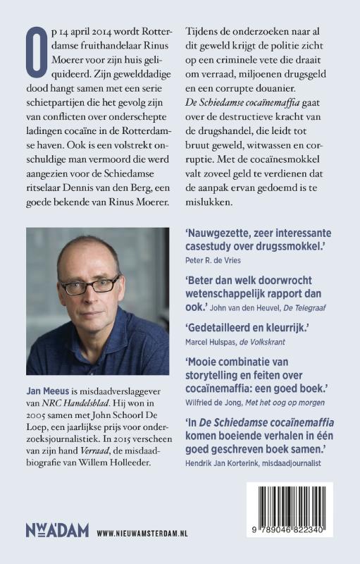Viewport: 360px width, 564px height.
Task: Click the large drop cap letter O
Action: pyautogui.click(x=36, y=50)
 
